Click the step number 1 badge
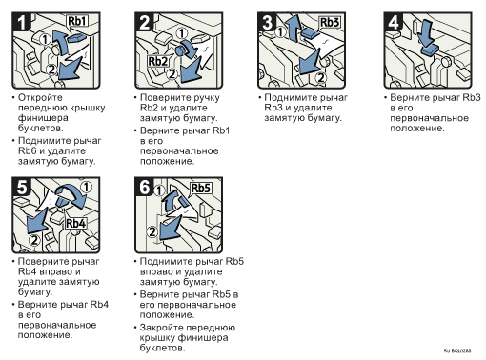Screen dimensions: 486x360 coord(21,22)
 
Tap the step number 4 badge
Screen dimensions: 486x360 coord(394,22)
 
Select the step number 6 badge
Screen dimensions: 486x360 coord(145,187)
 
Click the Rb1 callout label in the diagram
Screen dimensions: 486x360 coord(77,21)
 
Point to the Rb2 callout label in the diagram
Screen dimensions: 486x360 coord(158,61)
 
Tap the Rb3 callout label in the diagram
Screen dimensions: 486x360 coord(330,22)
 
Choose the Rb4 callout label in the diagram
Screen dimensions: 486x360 coord(76,223)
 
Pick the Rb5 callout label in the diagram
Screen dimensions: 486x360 coord(201,188)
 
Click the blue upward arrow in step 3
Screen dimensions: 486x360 coord(292,30)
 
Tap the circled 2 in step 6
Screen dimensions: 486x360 coord(152,231)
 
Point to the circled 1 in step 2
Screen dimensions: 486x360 coord(181,33)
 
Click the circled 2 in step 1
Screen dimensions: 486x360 coord(51,70)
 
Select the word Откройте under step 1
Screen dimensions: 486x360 coord(40,97)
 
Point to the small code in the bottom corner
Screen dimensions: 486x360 coord(457,350)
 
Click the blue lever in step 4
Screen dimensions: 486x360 coord(430,50)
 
